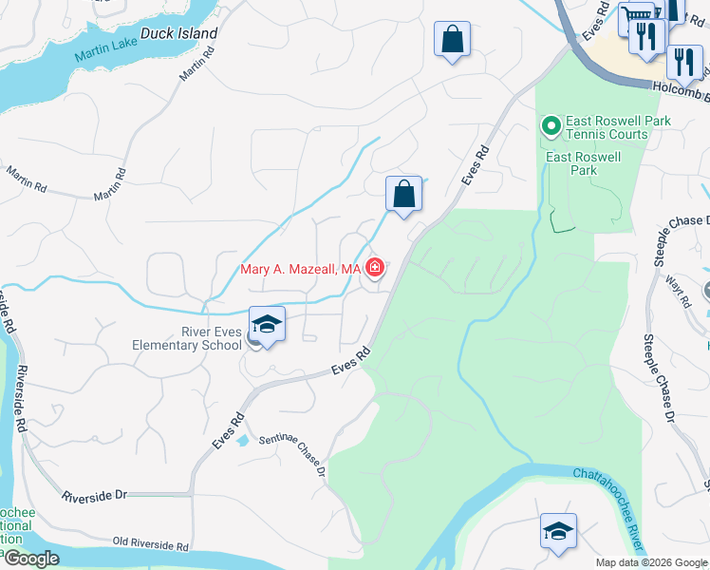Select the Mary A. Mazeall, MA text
pos(300,270)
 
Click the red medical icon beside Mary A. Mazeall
pos(375,270)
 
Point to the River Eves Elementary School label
pos(186,338)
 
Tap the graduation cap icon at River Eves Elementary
pos(267,325)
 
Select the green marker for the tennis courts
pos(550,125)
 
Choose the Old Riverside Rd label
pos(151,545)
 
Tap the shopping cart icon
pos(634,16)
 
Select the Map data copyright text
pos(652,562)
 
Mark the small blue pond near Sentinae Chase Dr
pos(243,440)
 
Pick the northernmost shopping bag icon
pos(452,40)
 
